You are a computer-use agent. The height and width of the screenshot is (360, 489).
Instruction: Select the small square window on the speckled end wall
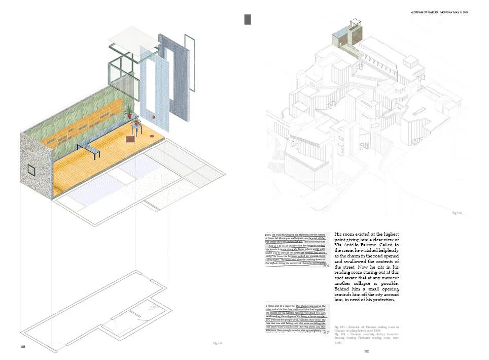(31, 169)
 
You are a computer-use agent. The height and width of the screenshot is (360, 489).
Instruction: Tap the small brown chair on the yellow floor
(130, 138)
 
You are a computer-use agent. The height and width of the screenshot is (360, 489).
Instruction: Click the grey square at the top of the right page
(248, 19)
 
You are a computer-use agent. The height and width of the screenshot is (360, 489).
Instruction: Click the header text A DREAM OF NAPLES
(425, 11)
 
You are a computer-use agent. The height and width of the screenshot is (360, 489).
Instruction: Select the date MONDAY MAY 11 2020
(455, 11)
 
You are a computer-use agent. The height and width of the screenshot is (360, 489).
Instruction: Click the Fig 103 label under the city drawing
(457, 214)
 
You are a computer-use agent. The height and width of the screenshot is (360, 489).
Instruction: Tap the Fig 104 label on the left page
(217, 344)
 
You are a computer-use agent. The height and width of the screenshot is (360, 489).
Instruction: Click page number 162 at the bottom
(366, 351)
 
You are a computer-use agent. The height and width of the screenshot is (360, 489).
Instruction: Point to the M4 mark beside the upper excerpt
(326, 266)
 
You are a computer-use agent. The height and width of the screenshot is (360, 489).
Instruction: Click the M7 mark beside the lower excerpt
(326, 332)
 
